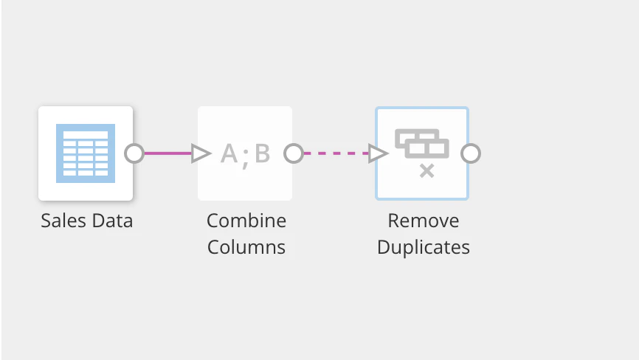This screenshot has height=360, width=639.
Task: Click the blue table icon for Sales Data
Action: point(86,153)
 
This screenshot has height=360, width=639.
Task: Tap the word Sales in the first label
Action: point(63,221)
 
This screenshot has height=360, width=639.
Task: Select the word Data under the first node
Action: point(112,221)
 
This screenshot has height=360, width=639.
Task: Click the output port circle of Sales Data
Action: point(134,153)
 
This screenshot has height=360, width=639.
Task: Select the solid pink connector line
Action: point(168,153)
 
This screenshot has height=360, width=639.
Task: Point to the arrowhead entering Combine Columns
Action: point(201,153)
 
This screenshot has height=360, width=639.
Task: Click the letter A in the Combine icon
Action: point(229,153)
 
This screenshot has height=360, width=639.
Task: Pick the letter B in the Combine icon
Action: point(263,153)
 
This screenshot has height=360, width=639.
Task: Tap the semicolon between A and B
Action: point(245,159)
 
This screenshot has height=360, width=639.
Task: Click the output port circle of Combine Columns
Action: point(294,153)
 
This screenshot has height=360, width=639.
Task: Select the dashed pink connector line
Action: point(336,153)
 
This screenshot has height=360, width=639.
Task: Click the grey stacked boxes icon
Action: point(422,144)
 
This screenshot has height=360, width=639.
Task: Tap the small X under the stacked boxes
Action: point(426,171)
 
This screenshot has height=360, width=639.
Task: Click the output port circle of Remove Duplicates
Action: point(471,153)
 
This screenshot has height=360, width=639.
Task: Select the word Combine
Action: point(246,221)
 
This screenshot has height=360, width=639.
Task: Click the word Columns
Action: point(246,247)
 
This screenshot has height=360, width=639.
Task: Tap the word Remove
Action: point(424,221)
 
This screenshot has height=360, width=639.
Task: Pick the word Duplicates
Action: point(424,247)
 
